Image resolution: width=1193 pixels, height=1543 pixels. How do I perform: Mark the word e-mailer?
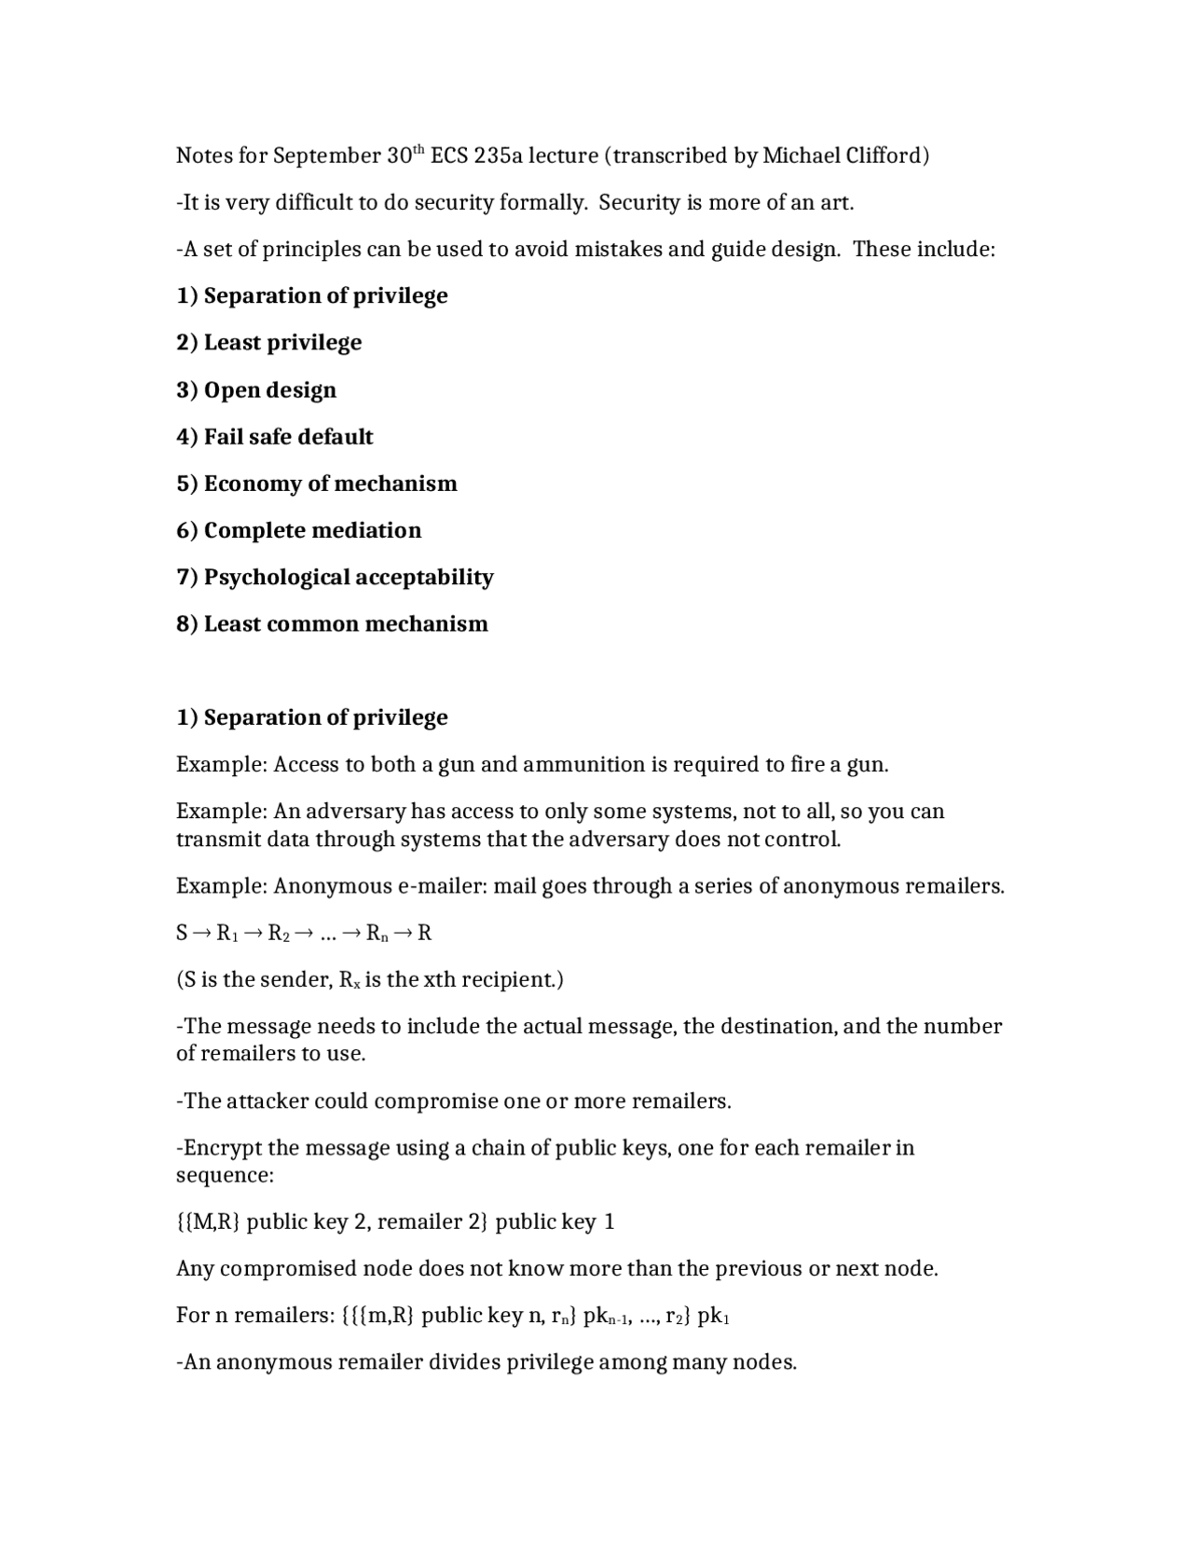click(x=442, y=886)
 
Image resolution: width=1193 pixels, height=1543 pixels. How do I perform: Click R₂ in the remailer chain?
click(x=279, y=934)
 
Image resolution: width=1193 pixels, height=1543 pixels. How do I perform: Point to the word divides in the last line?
click(x=465, y=1362)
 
